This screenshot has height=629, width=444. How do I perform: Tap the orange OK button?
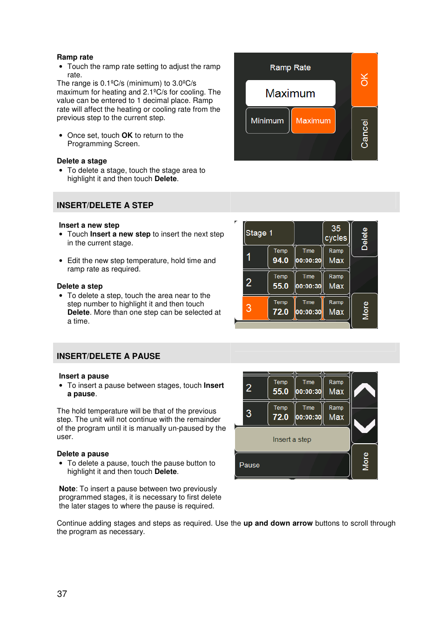coord(364,80)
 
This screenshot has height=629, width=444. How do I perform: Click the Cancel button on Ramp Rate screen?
coord(364,134)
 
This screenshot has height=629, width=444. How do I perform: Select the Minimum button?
coord(267,121)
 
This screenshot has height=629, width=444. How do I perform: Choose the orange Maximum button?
coord(313,121)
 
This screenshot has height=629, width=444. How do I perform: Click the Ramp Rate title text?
coord(290,68)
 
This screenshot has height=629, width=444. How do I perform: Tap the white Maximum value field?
coord(290,93)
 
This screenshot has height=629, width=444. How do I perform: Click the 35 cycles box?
coord(336,233)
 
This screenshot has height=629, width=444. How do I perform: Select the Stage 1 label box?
coord(269,233)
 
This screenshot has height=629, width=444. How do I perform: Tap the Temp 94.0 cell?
coord(281,257)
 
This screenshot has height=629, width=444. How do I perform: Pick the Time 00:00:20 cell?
coord(308,257)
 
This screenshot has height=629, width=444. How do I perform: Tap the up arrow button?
coord(364,390)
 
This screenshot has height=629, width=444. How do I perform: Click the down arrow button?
coord(364,426)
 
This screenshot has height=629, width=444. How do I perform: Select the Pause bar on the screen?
coord(292,465)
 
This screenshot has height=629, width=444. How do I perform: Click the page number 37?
coord(62,594)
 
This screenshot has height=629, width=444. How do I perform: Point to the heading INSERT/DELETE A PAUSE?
coord(108,356)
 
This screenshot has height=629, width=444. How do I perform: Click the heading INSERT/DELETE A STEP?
coord(105,205)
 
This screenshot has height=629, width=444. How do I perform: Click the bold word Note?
coord(67,489)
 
